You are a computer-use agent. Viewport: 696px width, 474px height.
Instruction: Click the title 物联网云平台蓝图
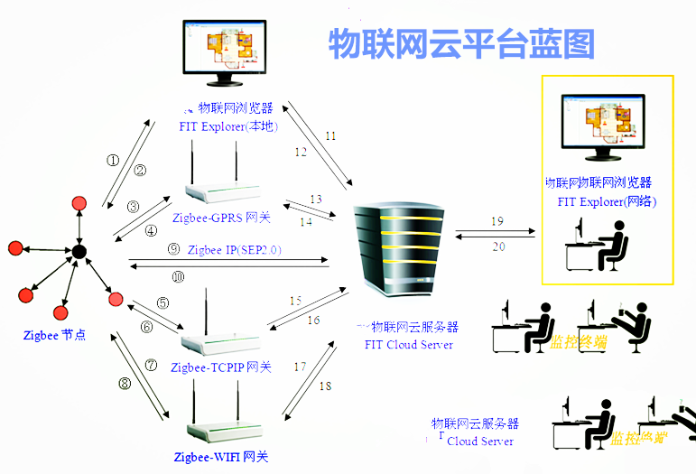462,42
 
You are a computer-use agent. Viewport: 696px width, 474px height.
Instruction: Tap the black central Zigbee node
79,251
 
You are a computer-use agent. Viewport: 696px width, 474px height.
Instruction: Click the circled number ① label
113,160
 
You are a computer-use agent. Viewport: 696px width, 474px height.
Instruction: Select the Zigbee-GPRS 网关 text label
220,218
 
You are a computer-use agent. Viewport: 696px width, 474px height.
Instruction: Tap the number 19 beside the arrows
496,221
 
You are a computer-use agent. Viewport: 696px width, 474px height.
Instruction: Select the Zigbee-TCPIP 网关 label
221,367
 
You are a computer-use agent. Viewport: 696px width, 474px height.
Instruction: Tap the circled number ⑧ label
125,383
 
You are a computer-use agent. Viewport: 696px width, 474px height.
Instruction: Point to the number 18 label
325,386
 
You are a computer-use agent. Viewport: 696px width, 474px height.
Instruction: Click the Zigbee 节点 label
54,335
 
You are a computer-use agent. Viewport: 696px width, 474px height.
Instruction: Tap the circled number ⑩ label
178,277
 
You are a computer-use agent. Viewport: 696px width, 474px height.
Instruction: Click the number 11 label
330,136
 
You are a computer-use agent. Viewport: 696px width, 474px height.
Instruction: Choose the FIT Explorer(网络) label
607,201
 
